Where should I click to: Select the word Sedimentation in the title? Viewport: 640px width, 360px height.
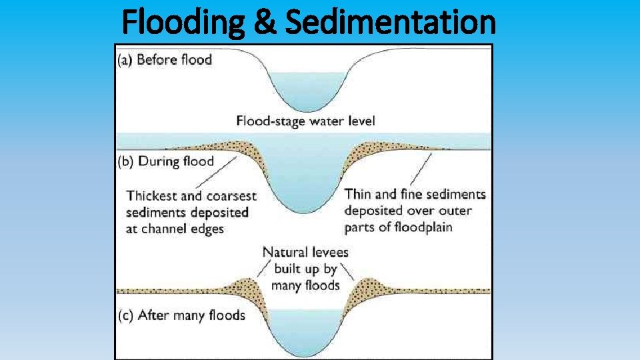pos(390,22)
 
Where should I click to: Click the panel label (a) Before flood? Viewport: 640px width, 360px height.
pos(165,60)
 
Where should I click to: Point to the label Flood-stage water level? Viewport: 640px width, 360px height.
pos(306,121)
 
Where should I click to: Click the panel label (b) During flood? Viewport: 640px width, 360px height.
pos(165,161)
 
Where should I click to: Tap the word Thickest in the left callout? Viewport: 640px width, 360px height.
pos(153,196)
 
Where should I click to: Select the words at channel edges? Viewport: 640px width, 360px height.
pos(175,229)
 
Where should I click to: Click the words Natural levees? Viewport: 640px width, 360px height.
pos(305,253)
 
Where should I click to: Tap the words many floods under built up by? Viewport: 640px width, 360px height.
pos(305,285)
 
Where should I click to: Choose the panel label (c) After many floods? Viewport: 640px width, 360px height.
pos(181,315)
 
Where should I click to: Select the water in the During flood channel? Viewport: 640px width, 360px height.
pos(306,180)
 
